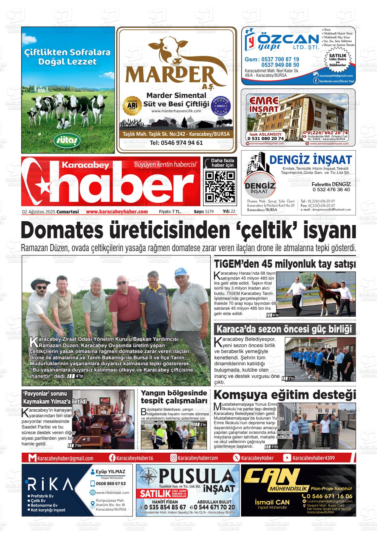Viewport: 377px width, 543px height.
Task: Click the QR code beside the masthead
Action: coord(220,187)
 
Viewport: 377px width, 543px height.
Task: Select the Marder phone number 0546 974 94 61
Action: coord(176,143)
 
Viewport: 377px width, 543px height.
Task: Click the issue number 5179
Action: coord(209,212)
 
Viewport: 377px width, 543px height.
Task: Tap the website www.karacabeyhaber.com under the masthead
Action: coord(117,212)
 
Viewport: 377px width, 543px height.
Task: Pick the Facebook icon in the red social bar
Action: coord(112,458)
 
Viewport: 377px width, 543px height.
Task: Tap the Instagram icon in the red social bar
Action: coord(173,458)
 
